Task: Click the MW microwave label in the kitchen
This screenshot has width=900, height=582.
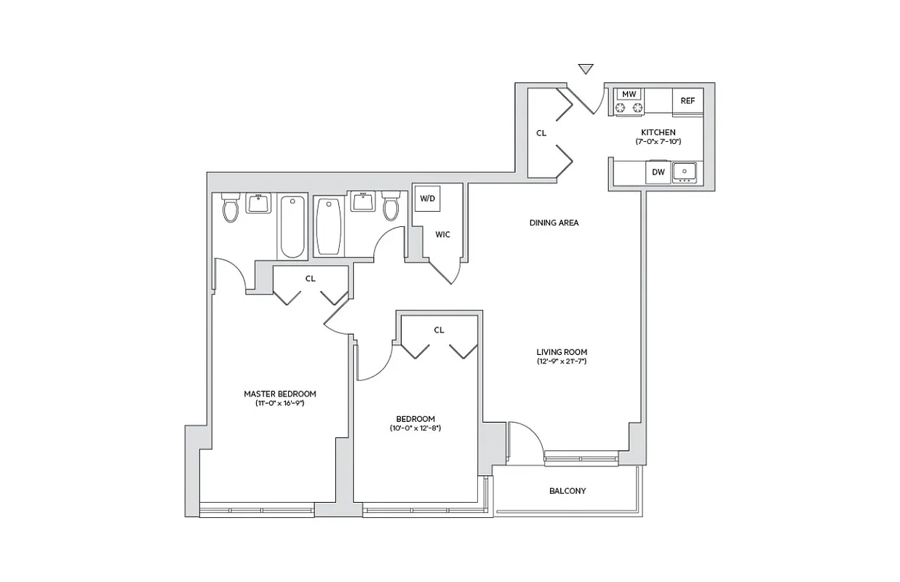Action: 629,95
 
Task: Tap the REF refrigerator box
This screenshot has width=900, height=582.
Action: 688,101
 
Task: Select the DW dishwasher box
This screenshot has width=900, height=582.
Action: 657,172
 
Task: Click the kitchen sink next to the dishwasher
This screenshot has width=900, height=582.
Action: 684,172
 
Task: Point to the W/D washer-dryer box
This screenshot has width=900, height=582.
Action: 426,198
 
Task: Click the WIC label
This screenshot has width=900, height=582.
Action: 442,234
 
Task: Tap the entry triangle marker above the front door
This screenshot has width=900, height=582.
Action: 586,69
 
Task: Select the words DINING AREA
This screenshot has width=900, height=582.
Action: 554,223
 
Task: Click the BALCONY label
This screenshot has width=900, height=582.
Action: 567,491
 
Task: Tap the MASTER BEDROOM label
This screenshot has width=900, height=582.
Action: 279,394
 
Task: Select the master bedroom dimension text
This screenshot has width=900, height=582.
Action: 279,403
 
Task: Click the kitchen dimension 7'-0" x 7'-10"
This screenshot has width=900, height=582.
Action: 658,141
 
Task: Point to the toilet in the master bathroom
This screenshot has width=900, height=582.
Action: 231,209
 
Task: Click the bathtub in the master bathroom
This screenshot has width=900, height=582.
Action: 292,226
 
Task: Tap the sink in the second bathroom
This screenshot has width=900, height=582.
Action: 362,202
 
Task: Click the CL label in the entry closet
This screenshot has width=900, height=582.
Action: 541,133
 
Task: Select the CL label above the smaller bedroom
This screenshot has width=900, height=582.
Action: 439,330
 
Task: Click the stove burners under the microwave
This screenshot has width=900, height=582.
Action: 629,108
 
